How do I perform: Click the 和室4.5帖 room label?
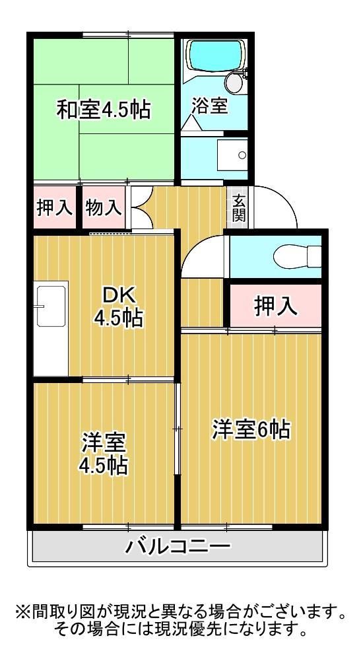[103, 110]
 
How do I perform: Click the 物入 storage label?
[104, 208]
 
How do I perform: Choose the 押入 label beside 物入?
[55, 208]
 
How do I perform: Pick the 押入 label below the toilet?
[275, 306]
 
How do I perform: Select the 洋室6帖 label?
[251, 430]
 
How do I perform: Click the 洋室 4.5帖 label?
[104, 454]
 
